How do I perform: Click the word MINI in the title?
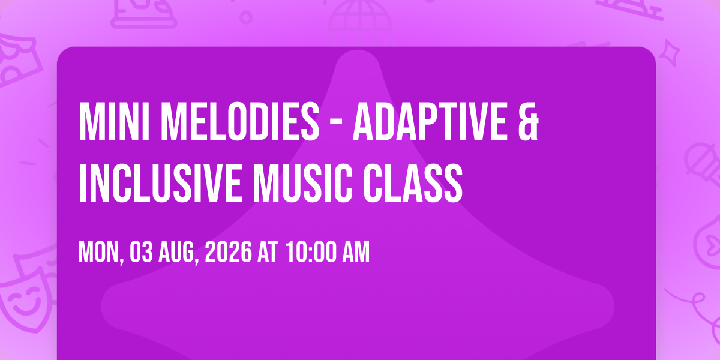pyautogui.click(x=114, y=121)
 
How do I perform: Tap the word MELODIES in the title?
pyautogui.click(x=240, y=121)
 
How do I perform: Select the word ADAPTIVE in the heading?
pyautogui.click(x=430, y=121)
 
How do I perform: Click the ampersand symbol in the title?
pyautogui.click(x=529, y=121)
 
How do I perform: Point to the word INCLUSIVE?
pyautogui.click(x=160, y=183)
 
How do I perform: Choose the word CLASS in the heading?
pyautogui.click(x=413, y=183)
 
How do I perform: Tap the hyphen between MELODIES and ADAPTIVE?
pyautogui.click(x=336, y=124)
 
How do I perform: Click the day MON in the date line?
pyautogui.click(x=101, y=253)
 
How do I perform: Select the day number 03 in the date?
pyautogui.click(x=141, y=252)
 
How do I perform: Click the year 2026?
pyautogui.click(x=228, y=252)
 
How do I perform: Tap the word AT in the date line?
pyautogui.click(x=268, y=252)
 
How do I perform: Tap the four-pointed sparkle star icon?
pyautogui.click(x=670, y=53)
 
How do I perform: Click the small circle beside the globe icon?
pyautogui.click(x=246, y=17)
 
